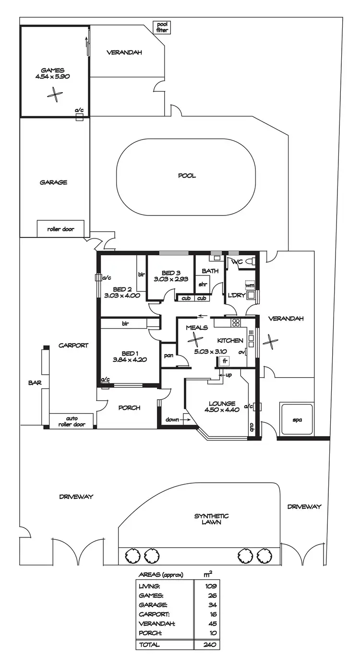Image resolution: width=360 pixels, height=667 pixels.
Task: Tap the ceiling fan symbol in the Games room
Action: (55, 95)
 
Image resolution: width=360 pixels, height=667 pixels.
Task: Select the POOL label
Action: (187, 176)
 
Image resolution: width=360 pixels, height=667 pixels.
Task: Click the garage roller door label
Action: (60, 229)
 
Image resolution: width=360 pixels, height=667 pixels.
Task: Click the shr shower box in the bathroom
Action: (203, 284)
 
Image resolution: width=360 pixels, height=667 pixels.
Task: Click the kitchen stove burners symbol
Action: (235, 322)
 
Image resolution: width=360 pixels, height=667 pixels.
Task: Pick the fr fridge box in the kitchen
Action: (224, 361)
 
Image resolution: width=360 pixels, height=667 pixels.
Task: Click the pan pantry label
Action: (168, 356)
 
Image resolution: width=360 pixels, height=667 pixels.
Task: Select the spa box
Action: (297, 420)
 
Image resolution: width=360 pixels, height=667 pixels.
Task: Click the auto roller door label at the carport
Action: (72, 421)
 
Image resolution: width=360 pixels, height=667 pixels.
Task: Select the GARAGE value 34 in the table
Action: (213, 605)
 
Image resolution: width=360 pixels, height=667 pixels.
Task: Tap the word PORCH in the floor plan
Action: (129, 408)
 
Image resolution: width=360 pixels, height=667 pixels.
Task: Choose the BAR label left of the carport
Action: (34, 383)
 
